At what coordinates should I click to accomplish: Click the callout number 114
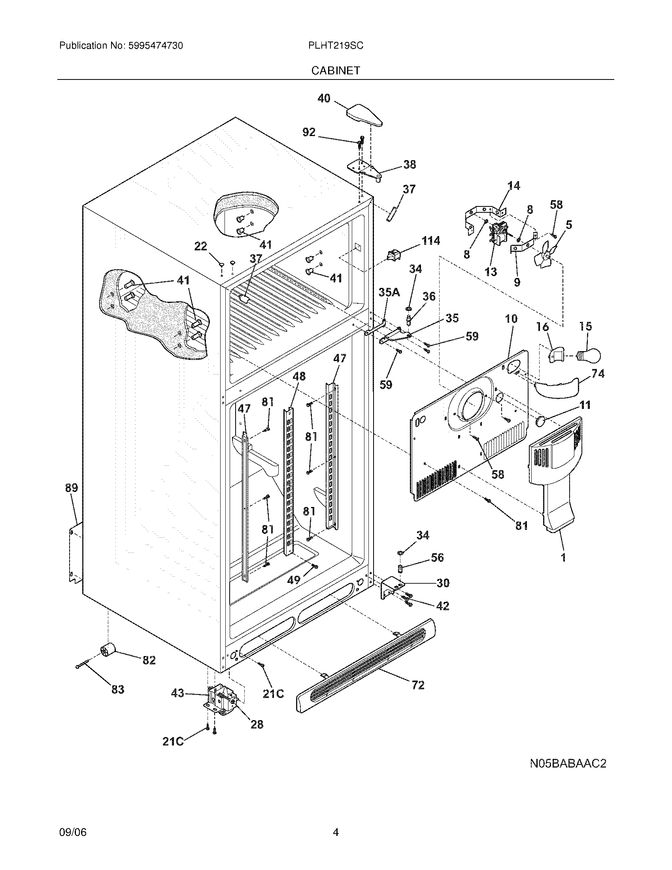pyautogui.click(x=431, y=240)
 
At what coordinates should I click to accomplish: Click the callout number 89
pyautogui.click(x=72, y=488)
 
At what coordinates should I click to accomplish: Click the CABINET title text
pyautogui.click(x=336, y=70)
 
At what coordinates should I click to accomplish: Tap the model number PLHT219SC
pyautogui.click(x=336, y=46)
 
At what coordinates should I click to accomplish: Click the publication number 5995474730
pyautogui.click(x=155, y=46)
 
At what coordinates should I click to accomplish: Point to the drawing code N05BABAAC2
pyautogui.click(x=568, y=763)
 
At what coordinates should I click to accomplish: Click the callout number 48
pyautogui.click(x=299, y=376)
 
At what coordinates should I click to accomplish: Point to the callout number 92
pyautogui.click(x=309, y=132)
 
